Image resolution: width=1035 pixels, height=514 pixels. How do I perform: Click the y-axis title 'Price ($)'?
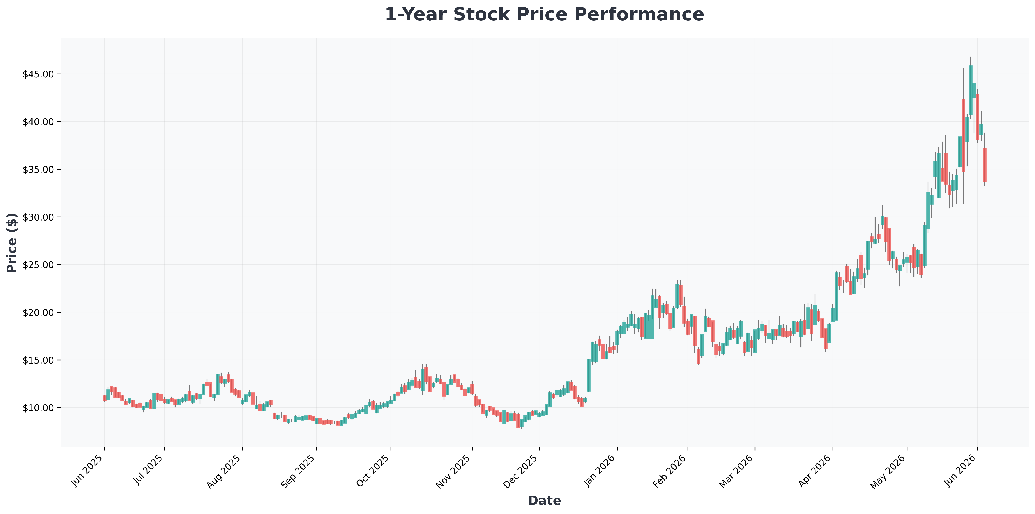[12, 243]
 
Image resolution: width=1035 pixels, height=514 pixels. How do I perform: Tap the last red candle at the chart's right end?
[985, 165]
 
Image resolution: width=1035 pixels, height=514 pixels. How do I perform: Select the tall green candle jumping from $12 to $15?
[589, 375]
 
